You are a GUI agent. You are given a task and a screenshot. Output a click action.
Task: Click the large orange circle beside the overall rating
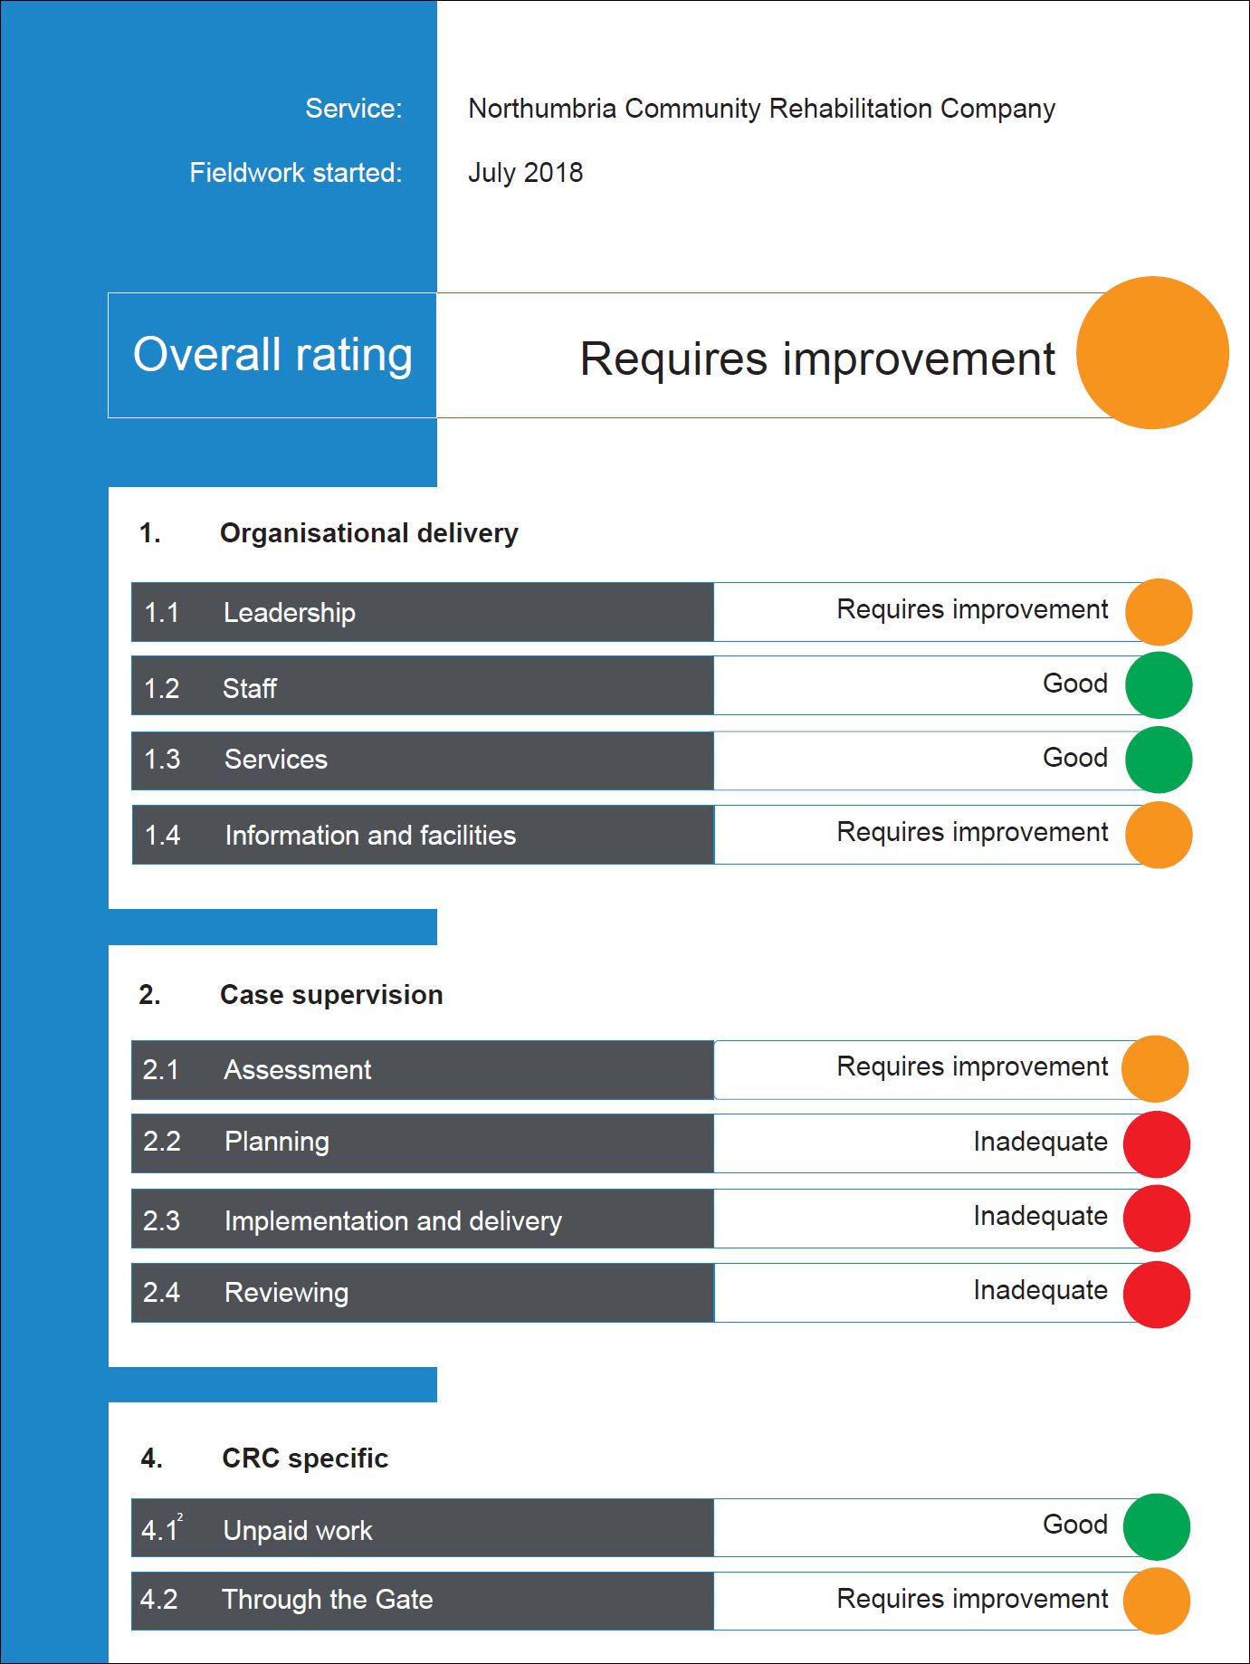pos(1152,352)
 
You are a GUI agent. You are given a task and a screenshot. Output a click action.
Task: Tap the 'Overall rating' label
pos(272,354)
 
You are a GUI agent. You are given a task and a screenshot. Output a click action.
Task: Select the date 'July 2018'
pos(525,172)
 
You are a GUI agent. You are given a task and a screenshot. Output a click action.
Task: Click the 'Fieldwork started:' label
pos(296,172)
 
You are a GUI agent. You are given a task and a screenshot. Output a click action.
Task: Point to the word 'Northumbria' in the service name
pos(542,109)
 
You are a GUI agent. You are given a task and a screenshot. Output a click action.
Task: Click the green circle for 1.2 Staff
pos(1159,685)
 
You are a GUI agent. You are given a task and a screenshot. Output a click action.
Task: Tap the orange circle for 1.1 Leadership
pos(1159,612)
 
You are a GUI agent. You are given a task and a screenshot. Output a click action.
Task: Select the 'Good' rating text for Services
pos(1075,757)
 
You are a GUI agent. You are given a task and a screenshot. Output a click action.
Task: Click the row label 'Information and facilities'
pos(370,835)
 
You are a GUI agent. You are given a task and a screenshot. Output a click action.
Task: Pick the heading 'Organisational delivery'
pos(369,533)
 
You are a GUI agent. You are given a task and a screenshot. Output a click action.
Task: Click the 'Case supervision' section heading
pos(331,995)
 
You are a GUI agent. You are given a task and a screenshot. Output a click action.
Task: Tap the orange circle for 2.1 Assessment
pos(1155,1068)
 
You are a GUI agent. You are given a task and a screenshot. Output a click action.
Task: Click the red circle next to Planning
pos(1157,1144)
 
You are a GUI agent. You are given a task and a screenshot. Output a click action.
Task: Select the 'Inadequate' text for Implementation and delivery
pos(1040,1216)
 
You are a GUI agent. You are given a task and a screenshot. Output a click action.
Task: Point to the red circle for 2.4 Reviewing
pos(1157,1295)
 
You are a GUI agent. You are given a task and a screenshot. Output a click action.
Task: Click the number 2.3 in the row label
pos(161,1220)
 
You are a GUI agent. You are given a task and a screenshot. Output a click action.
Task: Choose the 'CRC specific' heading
pos(305,1458)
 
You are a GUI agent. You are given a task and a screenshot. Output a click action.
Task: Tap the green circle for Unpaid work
pos(1157,1526)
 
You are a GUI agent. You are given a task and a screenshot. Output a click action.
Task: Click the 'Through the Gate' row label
pos(328,1600)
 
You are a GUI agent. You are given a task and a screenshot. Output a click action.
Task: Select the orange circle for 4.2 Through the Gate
pos(1157,1601)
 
